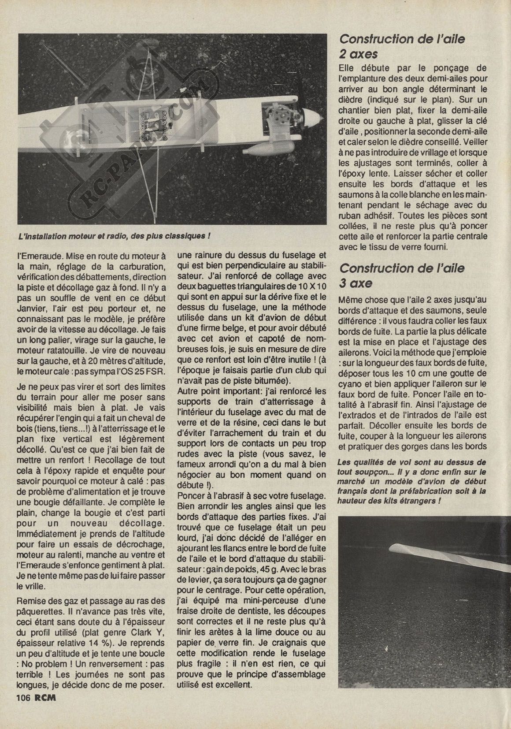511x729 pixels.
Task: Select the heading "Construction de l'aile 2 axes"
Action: (402, 46)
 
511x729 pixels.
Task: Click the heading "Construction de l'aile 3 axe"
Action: (402, 275)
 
